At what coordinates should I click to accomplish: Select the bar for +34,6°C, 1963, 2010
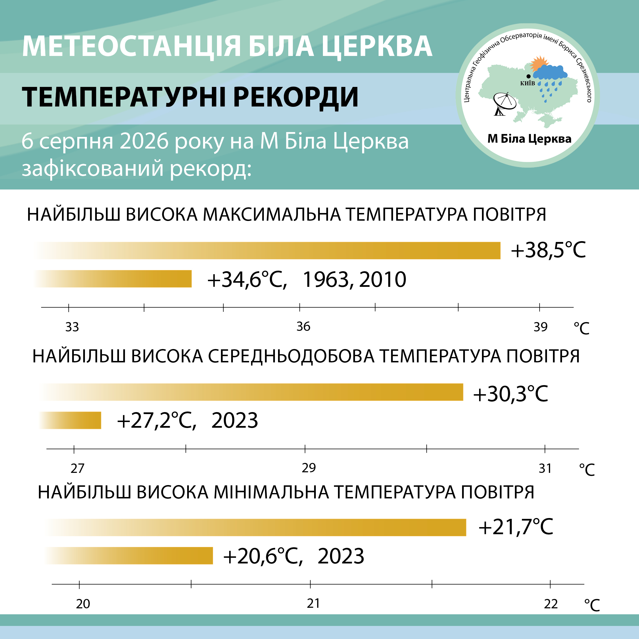(x=112, y=279)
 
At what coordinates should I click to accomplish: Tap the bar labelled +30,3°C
(x=251, y=392)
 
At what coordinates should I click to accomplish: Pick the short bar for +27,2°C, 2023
(x=70, y=420)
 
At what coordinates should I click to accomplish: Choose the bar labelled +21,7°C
(x=255, y=528)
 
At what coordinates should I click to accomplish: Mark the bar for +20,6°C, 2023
(x=129, y=556)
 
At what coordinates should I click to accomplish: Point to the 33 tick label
(x=72, y=327)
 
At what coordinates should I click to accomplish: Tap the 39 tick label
(x=540, y=327)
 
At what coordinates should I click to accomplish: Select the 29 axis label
(x=309, y=468)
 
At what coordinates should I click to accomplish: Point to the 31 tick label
(x=545, y=468)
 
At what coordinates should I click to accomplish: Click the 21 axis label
(x=313, y=603)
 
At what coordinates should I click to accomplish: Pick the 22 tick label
(x=551, y=604)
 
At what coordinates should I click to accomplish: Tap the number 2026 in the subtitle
(x=144, y=141)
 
